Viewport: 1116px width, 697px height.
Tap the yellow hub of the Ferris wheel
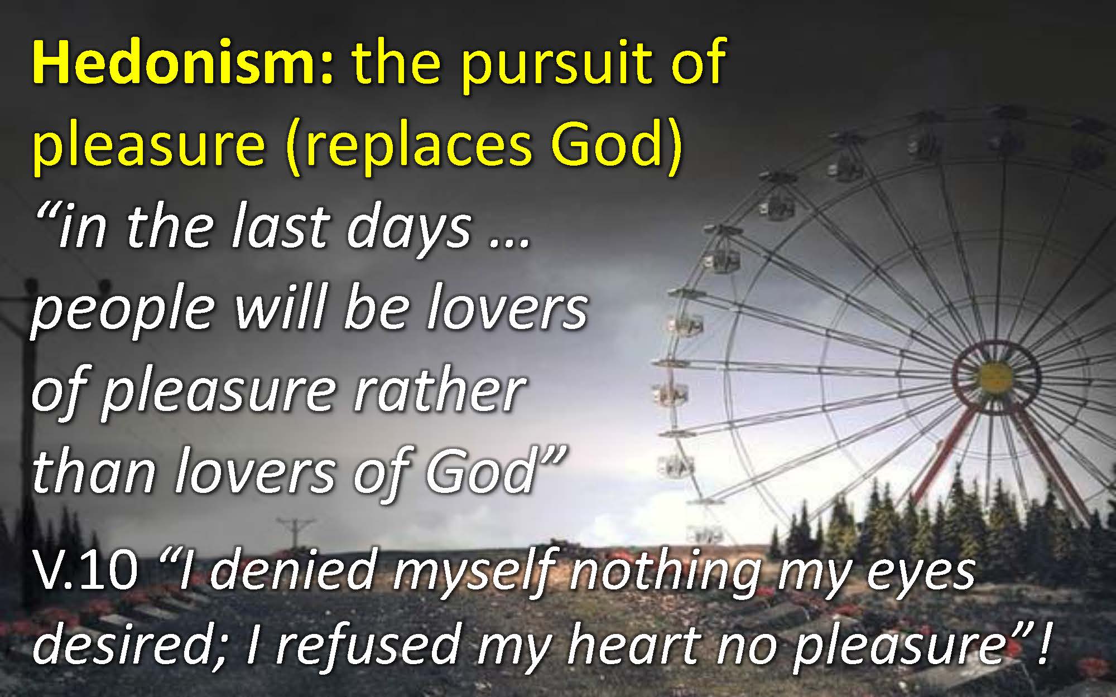(x=996, y=375)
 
